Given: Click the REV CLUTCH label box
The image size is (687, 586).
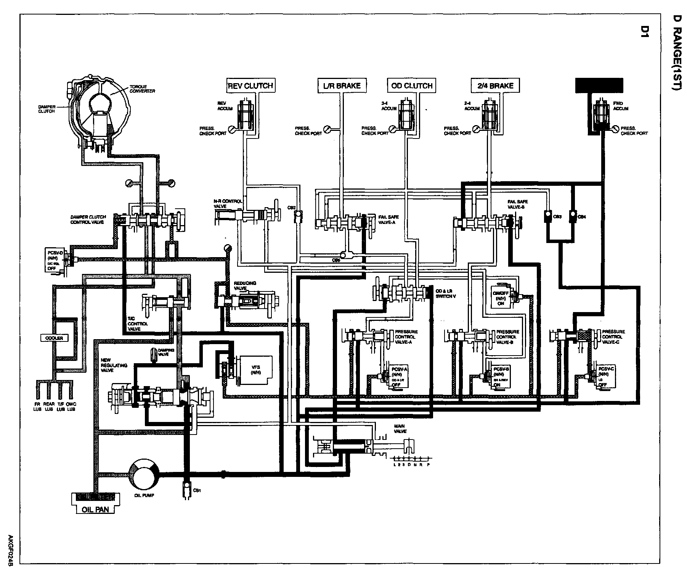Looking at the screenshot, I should [250, 85].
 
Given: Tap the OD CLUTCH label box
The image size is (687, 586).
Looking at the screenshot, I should [412, 85].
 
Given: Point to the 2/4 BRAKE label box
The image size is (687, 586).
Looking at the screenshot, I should [495, 85].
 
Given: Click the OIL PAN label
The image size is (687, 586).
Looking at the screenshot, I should [96, 509].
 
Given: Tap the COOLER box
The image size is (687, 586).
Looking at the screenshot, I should [54, 338].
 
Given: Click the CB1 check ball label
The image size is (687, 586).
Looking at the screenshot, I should [197, 491].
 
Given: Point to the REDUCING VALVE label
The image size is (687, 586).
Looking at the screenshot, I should [245, 285].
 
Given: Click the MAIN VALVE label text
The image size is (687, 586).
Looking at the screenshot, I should [400, 428].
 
